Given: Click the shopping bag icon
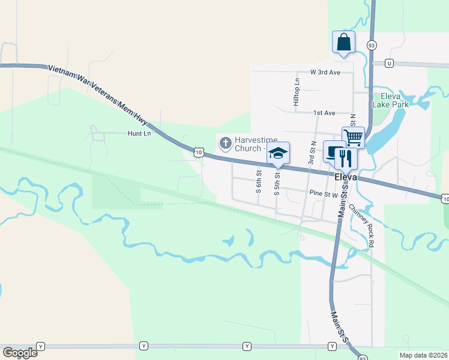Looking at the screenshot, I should [343, 43].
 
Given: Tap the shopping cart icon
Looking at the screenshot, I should [353, 137].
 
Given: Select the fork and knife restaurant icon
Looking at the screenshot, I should [346, 158].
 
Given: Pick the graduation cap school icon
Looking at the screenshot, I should [278, 154].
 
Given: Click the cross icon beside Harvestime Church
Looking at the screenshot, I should [225, 143].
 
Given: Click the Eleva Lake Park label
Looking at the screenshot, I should [390, 100].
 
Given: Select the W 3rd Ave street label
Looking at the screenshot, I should [325, 72].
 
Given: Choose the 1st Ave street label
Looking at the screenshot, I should [324, 113].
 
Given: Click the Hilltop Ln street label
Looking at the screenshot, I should [296, 92].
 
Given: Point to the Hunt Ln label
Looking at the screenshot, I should [137, 134].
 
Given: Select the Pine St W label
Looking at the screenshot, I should [324, 194].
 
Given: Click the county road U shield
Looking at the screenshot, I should [390, 63].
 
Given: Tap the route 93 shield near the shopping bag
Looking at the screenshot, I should [372, 45].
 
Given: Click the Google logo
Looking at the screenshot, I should [20, 352].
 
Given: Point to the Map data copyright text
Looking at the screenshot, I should [424, 355].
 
